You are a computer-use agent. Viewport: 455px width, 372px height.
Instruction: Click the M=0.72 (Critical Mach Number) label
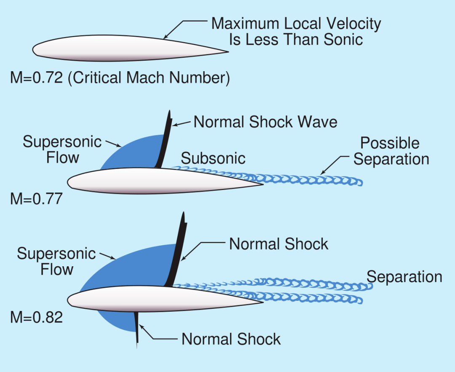coord(120,79)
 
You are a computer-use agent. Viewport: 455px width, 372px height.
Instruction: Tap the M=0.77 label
coord(36,198)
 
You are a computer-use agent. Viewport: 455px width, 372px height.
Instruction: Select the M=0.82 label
coord(36,317)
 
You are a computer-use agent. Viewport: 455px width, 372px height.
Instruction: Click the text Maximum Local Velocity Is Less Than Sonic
coord(296,31)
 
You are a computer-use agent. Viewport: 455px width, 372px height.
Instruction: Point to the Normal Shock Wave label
coord(265,122)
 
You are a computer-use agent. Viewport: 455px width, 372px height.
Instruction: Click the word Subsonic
coord(213,158)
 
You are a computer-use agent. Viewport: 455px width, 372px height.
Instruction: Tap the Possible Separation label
coord(391,151)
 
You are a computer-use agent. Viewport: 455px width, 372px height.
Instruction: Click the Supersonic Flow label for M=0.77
coord(62,150)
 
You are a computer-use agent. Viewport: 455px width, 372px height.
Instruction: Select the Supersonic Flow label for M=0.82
coord(56,262)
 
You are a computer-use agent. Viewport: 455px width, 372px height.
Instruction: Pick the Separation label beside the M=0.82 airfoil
coord(404,277)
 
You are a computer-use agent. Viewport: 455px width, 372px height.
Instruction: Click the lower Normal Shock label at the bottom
coord(231,339)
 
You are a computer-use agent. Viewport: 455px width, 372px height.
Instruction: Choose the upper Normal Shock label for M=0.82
coord(278,244)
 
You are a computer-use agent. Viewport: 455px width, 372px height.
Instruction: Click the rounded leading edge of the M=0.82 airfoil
coord(70,299)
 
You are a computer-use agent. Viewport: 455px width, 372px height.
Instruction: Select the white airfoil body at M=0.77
coord(160,181)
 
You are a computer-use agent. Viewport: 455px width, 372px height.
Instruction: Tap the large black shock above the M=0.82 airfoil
coord(177,253)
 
